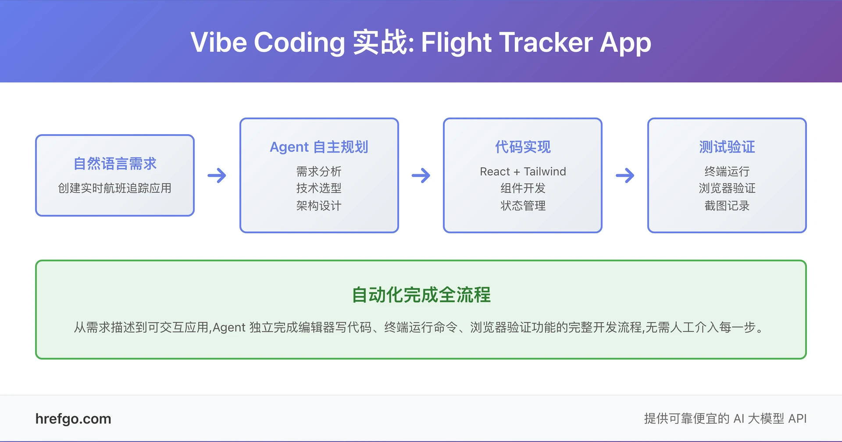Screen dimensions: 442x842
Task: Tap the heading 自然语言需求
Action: click(x=115, y=164)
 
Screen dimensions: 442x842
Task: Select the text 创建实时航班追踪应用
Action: click(x=115, y=188)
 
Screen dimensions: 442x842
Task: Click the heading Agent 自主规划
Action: click(x=319, y=147)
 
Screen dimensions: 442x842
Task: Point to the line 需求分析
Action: click(x=319, y=171)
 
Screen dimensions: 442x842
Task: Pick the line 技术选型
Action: click(x=319, y=188)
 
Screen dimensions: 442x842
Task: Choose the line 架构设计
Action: click(x=319, y=205)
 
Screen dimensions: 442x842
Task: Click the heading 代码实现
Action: click(x=523, y=147)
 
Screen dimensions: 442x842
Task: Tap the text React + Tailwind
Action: click(x=523, y=171)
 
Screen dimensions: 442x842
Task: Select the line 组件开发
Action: click(x=523, y=188)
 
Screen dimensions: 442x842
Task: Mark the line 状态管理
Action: click(x=523, y=205)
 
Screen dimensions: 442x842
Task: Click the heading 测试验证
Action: click(x=727, y=147)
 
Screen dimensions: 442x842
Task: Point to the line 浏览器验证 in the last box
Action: click(x=727, y=188)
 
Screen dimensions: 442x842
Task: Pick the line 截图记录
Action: click(x=727, y=205)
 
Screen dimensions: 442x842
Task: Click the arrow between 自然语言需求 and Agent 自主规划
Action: click(x=217, y=175)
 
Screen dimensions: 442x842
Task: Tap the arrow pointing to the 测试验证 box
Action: click(x=625, y=175)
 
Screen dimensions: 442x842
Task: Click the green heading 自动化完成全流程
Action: click(x=421, y=295)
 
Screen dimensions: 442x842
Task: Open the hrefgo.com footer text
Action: click(x=73, y=419)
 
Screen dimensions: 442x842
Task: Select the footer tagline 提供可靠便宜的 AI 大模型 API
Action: click(x=725, y=419)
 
